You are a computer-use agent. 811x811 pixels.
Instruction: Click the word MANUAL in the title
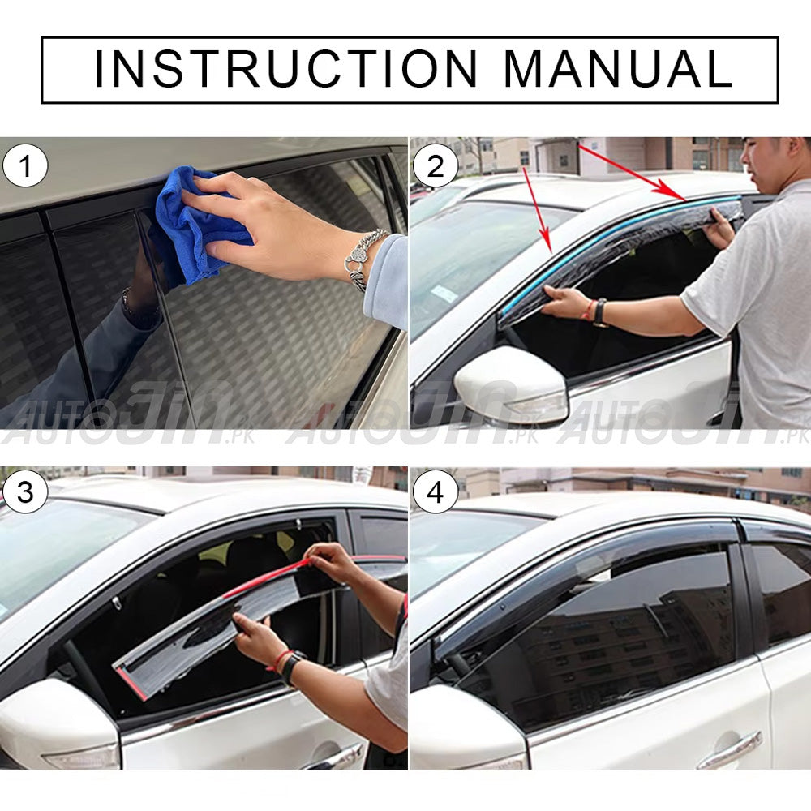[x=618, y=69]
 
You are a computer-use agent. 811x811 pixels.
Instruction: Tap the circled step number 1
[x=25, y=166]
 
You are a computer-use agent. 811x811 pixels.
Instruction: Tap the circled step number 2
[x=436, y=166]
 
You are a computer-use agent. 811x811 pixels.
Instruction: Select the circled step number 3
[x=25, y=491]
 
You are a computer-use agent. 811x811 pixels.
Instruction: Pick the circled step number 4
[x=436, y=491]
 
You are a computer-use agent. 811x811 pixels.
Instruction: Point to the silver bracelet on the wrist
[x=365, y=259]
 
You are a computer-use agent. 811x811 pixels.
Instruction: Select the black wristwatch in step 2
[x=600, y=312]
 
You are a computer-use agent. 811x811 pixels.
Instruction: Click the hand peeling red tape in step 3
[x=330, y=562]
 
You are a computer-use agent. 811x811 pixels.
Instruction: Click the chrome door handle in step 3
[x=333, y=757]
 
